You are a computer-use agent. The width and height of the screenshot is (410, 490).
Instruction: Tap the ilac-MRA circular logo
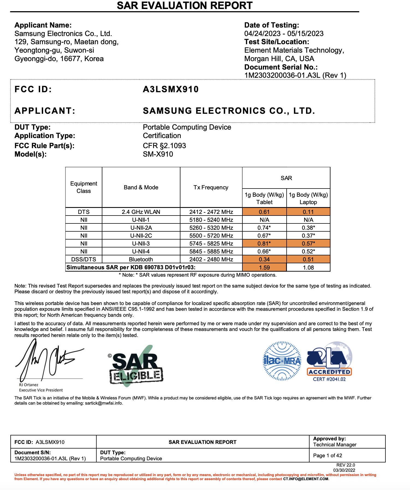click(x=282, y=361)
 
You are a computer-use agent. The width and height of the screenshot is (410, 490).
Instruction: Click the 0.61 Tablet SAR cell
click(x=264, y=212)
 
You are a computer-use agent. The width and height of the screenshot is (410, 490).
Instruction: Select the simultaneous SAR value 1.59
click(x=264, y=268)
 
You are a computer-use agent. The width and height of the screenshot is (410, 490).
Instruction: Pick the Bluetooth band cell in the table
click(x=141, y=259)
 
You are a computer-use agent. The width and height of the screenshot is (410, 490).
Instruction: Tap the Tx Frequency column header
click(x=211, y=187)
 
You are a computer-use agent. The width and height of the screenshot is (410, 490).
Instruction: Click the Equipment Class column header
click(x=84, y=187)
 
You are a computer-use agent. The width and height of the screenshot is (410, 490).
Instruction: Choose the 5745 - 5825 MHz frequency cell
click(x=211, y=244)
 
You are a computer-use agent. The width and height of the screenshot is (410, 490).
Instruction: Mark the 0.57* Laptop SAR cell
click(x=308, y=244)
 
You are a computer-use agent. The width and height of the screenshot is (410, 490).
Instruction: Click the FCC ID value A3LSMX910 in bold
click(x=171, y=89)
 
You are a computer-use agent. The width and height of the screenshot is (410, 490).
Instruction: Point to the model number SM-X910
click(x=158, y=154)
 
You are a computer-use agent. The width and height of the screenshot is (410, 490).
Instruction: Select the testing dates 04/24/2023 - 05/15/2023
click(x=284, y=34)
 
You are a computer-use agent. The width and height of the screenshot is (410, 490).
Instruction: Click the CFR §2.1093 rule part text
click(x=164, y=146)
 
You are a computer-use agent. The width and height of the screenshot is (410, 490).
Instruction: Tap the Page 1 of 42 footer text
click(x=328, y=455)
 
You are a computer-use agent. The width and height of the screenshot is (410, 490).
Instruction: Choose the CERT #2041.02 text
click(x=329, y=379)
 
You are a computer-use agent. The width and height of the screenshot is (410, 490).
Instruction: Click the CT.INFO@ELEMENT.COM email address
click(x=306, y=479)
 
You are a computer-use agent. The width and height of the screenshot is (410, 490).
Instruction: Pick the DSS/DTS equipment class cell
click(x=84, y=259)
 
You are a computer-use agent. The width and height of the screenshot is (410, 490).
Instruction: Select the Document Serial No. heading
click(x=281, y=67)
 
